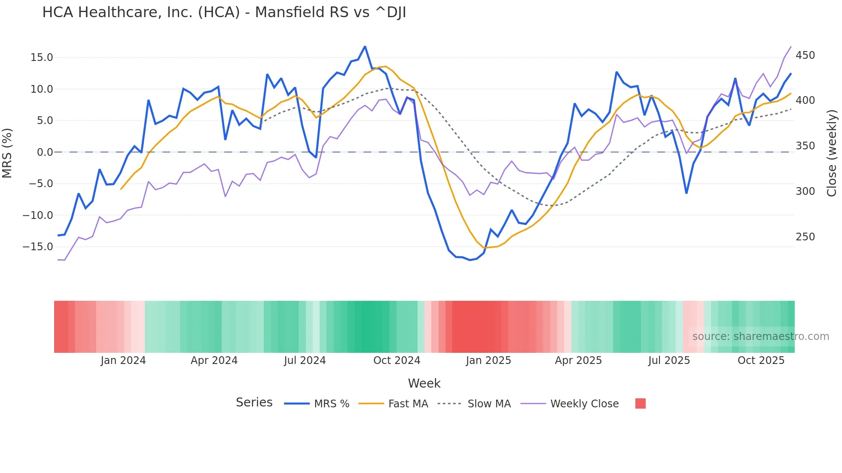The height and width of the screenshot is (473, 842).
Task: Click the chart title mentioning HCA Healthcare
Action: [x=224, y=12]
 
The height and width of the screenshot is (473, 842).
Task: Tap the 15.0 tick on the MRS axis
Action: [x=42, y=58]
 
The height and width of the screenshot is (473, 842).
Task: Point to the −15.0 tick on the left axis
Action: [x=38, y=247]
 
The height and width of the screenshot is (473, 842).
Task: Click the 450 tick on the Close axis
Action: [x=805, y=55]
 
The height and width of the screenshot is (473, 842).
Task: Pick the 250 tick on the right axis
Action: [x=805, y=237]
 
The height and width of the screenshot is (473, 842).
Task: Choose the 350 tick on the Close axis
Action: [x=805, y=146]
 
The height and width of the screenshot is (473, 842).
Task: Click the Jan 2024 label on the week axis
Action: [x=123, y=361]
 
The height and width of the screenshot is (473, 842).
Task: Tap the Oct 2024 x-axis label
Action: [x=397, y=361]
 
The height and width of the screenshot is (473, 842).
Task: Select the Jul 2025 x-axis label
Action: [x=669, y=361]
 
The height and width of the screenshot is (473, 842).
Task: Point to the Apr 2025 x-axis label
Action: [x=578, y=361]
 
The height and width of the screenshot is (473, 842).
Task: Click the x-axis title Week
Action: [x=424, y=383]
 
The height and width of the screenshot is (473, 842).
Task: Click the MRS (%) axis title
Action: [x=7, y=153]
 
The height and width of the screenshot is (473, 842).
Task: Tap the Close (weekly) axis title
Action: [x=832, y=153]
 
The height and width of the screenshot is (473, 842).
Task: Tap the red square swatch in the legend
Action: [x=640, y=403]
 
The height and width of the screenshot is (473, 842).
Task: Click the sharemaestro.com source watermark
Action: [x=760, y=337]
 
